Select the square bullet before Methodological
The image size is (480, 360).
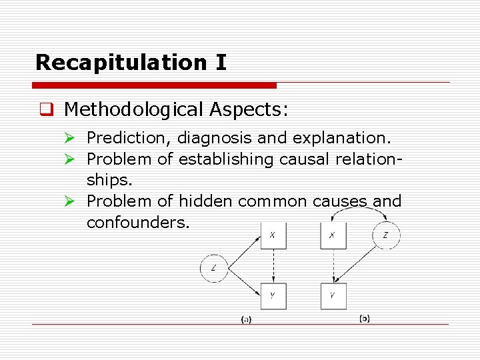pos(46,109)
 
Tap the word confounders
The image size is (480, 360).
pos(138,222)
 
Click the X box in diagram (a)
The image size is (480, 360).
pos(273,235)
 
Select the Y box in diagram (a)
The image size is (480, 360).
pos(273,296)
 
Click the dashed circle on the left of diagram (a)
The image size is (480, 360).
pos(214,269)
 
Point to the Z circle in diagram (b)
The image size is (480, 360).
pos(386,235)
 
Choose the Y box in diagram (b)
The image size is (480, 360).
pos(333,296)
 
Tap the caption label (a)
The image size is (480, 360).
pos(246,320)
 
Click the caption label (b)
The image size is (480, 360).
pos(365,319)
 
